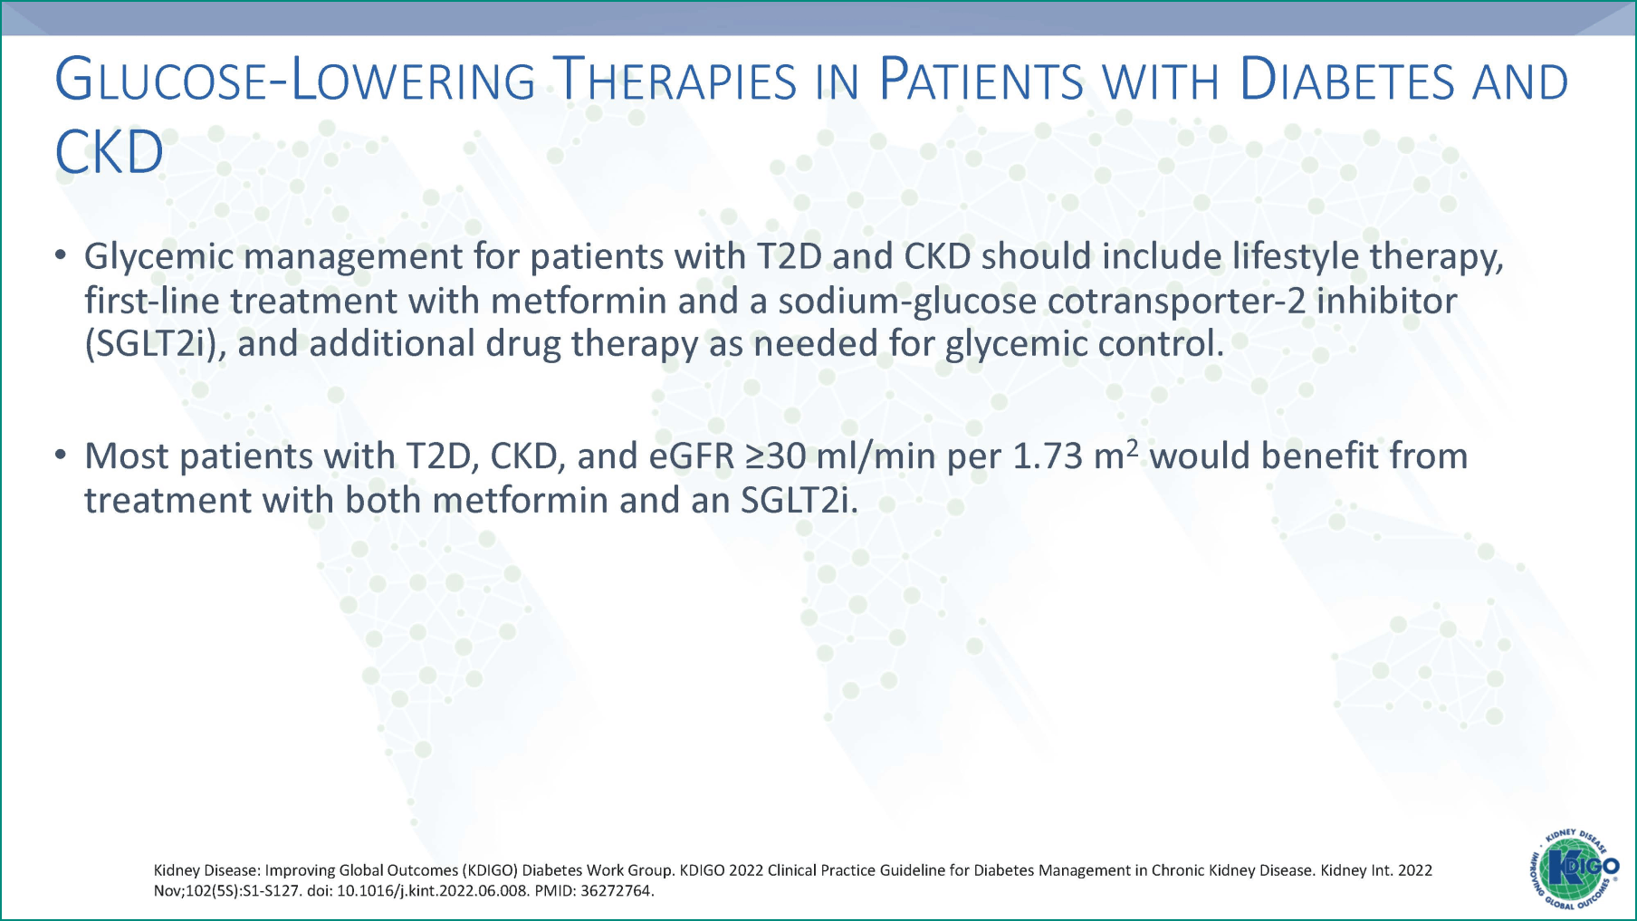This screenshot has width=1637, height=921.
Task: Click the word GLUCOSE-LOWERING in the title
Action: point(295,81)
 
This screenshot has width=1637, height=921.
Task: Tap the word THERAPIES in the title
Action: point(675,81)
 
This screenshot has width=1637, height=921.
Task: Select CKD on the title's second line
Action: point(109,152)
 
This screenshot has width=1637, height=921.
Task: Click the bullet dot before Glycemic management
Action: point(61,255)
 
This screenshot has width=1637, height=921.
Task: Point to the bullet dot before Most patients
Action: point(61,455)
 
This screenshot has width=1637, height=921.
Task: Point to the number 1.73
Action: point(1047,456)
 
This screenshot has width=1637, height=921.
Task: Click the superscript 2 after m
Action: point(1132,446)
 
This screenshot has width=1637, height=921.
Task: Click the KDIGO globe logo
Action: point(1574,868)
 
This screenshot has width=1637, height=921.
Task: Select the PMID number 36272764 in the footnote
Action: point(616,891)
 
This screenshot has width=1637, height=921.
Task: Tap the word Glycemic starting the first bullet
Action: point(159,256)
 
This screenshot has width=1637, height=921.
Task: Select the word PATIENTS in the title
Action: point(981,81)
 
